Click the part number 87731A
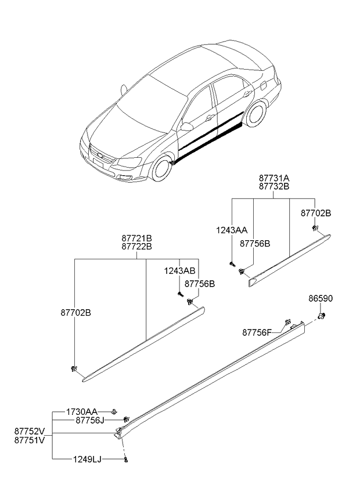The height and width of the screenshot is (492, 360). point(273,179)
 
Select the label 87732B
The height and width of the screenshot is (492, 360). point(273,187)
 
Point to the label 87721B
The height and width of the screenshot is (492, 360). point(137,238)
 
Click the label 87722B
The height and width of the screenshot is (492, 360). point(137,246)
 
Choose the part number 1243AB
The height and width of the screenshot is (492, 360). point(179,270)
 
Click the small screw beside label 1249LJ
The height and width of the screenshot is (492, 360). point(126,460)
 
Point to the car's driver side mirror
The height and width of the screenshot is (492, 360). point(187,125)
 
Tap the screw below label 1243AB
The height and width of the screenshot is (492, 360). point(180,294)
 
